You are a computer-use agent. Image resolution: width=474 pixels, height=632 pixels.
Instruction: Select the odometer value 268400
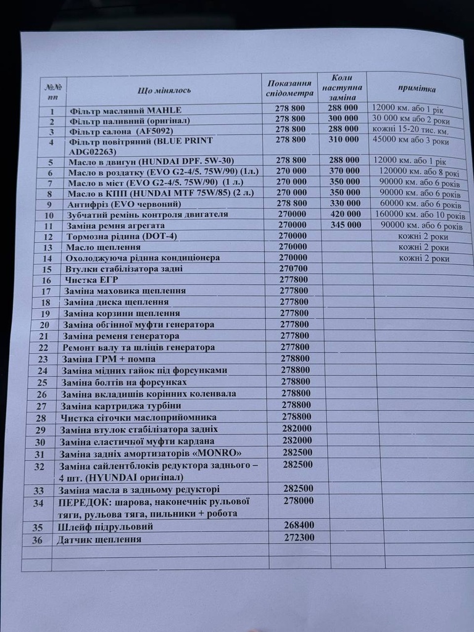click(x=299, y=525)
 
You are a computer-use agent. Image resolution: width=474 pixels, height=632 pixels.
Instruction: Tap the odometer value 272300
click(x=299, y=537)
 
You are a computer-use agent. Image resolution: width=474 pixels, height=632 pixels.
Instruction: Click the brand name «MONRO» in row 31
click(x=216, y=453)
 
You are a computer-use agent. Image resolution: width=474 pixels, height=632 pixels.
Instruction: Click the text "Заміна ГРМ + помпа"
click(x=109, y=359)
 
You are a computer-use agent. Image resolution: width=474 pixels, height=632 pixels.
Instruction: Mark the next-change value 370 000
click(x=343, y=171)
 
